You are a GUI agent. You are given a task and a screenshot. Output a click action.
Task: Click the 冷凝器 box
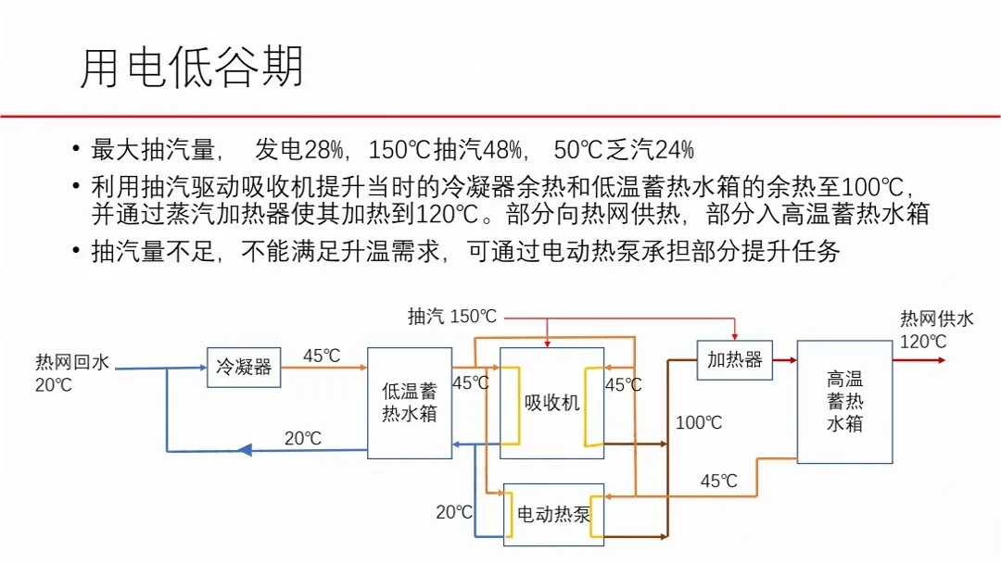pyautogui.click(x=244, y=367)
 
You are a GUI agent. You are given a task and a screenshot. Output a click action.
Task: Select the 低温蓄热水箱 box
pyautogui.click(x=410, y=403)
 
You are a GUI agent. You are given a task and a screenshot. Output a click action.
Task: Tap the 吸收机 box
pyautogui.click(x=551, y=403)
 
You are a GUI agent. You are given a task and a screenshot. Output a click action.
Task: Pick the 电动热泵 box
pyautogui.click(x=553, y=514)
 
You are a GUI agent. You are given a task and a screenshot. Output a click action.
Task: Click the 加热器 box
pyautogui.click(x=734, y=359)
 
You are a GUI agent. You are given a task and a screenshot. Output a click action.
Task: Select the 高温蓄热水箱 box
pyautogui.click(x=844, y=402)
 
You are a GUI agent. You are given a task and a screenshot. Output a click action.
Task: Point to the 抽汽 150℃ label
pyautogui.click(x=452, y=317)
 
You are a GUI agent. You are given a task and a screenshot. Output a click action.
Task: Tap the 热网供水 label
pyautogui.click(x=937, y=319)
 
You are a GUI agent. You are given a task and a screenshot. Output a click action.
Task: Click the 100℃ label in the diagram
pyautogui.click(x=699, y=423)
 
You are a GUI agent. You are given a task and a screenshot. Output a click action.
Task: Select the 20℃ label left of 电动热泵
pyautogui.click(x=454, y=512)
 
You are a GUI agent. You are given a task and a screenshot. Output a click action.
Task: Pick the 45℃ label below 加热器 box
pyautogui.click(x=718, y=482)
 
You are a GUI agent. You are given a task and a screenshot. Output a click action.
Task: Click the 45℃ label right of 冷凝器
pyautogui.click(x=322, y=356)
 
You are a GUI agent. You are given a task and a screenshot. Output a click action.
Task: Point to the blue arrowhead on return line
pyautogui.click(x=245, y=450)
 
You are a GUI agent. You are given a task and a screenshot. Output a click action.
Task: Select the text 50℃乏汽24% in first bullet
pyautogui.click(x=624, y=150)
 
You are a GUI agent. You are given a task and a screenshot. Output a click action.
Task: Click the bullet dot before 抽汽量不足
pyautogui.click(x=75, y=252)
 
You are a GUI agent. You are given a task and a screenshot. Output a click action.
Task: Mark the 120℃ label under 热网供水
pyautogui.click(x=923, y=342)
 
